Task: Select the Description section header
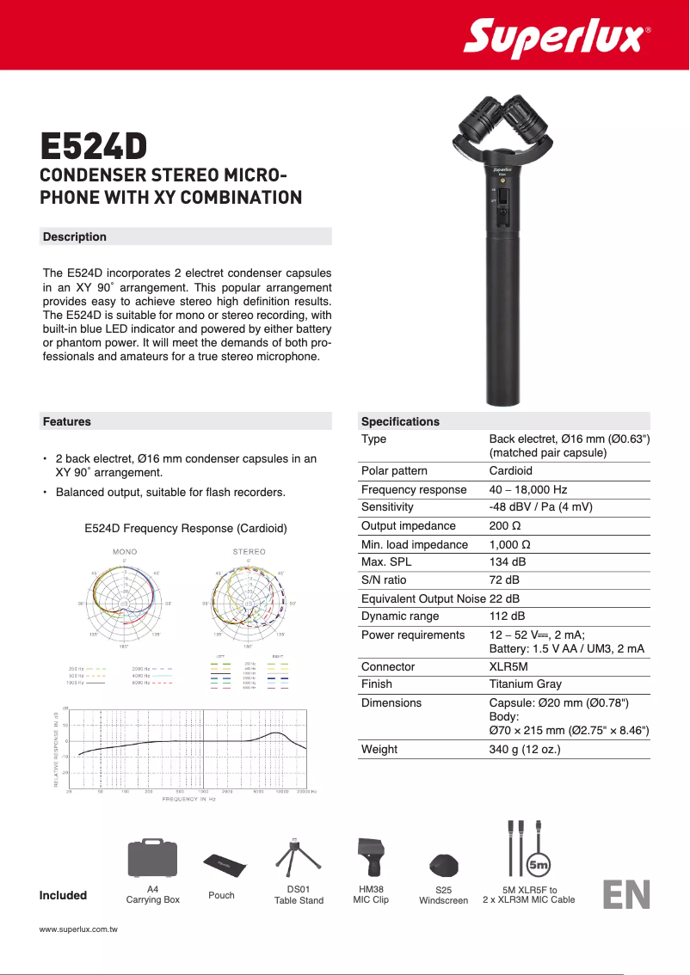75,236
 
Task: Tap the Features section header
67,421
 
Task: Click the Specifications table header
400,421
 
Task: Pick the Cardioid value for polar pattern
510,471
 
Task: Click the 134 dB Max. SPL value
507,562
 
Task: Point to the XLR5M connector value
508,667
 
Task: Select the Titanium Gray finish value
525,684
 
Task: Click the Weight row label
379,749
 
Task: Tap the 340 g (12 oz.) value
525,749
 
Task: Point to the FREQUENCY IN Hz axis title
189,800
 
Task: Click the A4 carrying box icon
152,857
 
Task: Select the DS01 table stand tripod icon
294,855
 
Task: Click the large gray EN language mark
626,894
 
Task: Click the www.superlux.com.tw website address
78,930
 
